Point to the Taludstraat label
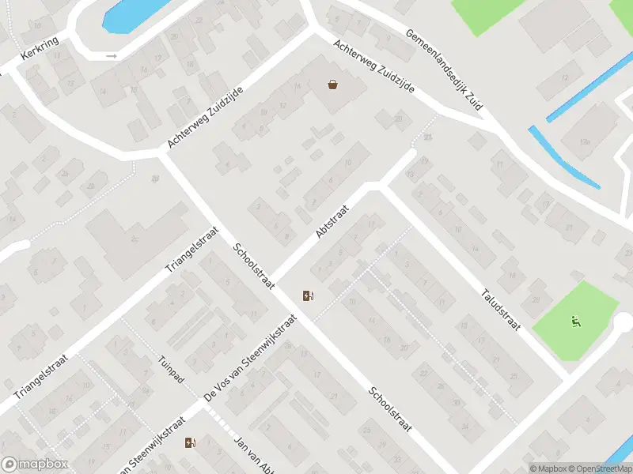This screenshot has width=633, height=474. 501,309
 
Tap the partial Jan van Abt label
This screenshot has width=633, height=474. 253,453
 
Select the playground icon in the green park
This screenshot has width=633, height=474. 575,321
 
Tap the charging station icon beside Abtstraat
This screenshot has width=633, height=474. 308,296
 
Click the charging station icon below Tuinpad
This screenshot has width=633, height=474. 190,443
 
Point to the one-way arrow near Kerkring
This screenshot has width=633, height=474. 112,56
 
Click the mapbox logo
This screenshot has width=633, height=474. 35,465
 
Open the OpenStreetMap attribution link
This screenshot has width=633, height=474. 597,468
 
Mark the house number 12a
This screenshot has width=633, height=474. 585,142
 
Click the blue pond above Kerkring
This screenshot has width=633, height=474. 127,14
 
